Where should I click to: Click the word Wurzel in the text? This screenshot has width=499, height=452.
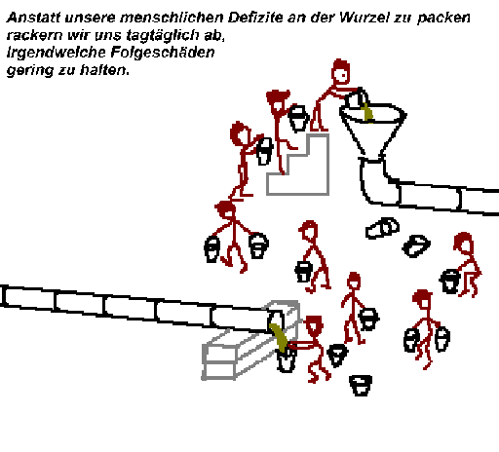[364, 18]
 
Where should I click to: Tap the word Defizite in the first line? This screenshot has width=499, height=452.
[255, 18]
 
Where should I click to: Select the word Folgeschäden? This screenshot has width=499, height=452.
[163, 53]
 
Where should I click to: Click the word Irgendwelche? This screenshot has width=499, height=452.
[57, 53]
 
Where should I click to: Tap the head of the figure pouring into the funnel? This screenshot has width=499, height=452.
[340, 71]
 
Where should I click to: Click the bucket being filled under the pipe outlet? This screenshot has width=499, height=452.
[286, 358]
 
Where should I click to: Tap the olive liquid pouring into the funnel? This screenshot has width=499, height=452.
[367, 112]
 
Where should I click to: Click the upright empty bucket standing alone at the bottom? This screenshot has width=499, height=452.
[361, 386]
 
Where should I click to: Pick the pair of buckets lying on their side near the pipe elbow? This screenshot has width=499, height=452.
[382, 228]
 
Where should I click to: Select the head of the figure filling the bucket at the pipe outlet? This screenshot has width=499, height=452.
[314, 325]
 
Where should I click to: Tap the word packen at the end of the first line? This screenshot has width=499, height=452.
[443, 19]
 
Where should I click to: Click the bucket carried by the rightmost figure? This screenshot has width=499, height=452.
[449, 282]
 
